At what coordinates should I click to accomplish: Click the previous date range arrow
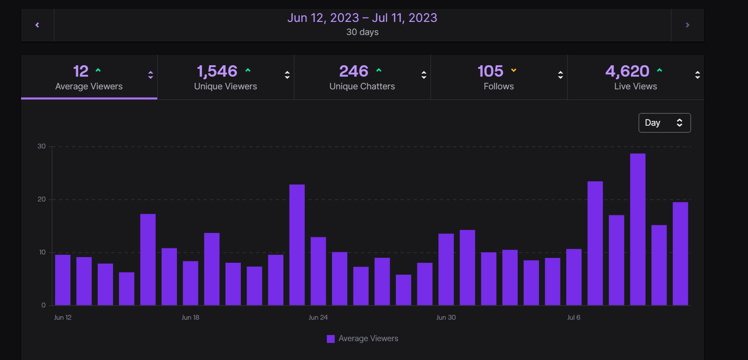(37, 25)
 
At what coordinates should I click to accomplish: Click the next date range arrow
(688, 25)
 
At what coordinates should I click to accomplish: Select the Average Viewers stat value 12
(81, 71)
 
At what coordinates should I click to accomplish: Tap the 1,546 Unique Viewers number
(217, 71)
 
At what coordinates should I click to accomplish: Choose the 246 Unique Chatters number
(354, 71)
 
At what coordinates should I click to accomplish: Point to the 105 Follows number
(490, 71)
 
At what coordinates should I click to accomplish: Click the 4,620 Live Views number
(627, 71)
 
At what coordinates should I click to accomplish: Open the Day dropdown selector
(664, 123)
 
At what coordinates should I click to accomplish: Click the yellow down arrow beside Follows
(514, 70)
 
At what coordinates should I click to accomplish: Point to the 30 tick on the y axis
(42, 146)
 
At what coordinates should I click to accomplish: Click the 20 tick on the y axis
(42, 199)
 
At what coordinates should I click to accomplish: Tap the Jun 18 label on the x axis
(191, 318)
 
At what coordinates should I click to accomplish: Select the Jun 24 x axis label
(318, 318)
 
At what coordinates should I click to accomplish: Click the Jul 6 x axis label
(574, 318)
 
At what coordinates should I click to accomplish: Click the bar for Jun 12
(63, 280)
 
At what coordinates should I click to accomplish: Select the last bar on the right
(680, 254)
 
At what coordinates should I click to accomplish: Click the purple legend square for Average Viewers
(331, 339)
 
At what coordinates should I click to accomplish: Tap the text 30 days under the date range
(362, 32)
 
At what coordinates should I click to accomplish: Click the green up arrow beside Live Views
(660, 70)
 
